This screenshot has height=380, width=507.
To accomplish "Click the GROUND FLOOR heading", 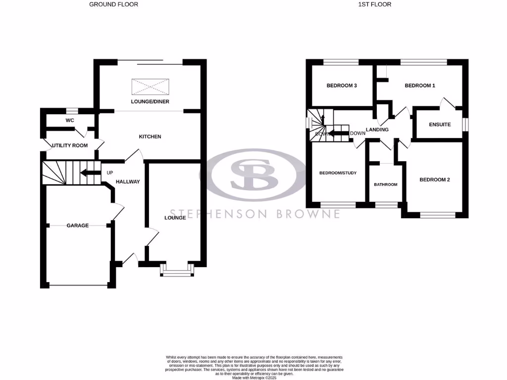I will click(x=113, y=4).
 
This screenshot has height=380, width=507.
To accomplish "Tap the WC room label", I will click(x=70, y=120).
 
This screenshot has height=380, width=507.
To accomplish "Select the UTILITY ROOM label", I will click(x=70, y=145).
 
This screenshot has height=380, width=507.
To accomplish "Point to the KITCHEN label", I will click(x=150, y=137).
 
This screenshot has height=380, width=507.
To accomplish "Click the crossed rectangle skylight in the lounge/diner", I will click(x=150, y=87).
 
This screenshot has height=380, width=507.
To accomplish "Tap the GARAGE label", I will click(x=78, y=226).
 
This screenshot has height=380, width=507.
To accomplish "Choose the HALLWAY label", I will click(x=128, y=182).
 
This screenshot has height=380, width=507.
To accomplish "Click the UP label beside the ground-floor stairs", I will click(x=109, y=173).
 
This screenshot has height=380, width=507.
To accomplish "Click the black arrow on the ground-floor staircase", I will click(x=89, y=173).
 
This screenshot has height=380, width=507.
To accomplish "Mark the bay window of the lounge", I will click(x=176, y=271).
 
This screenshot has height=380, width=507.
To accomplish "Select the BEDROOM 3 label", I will click(x=342, y=86).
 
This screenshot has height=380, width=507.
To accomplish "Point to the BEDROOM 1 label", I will click(x=420, y=86).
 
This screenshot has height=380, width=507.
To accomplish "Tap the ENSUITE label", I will click(x=439, y=125).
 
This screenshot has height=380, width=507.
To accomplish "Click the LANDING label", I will click(x=377, y=130).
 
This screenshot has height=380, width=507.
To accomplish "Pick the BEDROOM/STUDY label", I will click(x=338, y=173).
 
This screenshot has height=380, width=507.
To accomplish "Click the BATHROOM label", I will click(x=385, y=185).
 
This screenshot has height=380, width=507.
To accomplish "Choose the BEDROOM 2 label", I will click(x=434, y=180).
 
